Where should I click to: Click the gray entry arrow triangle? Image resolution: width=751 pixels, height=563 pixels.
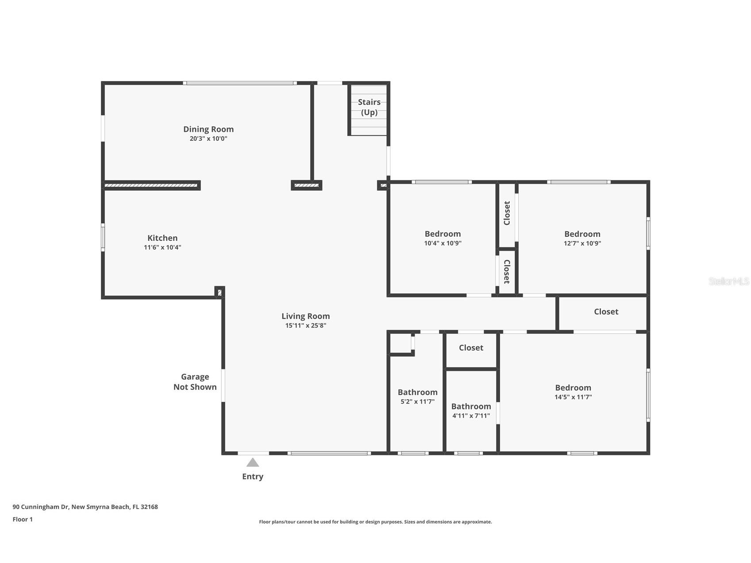pos(253,463)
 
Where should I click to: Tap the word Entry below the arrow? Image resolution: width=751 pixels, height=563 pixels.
pos(253,477)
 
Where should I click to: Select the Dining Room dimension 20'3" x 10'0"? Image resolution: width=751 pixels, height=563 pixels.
pos(208,139)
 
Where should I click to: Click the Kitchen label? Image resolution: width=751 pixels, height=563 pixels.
pos(162,238)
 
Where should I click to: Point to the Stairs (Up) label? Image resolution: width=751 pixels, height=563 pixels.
pos(369,107)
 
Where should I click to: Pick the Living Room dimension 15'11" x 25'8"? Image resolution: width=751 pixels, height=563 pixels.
pos(306,326)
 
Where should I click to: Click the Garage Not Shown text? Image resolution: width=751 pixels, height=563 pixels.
pos(195,382)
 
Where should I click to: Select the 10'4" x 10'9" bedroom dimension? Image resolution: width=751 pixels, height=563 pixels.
pos(443,243)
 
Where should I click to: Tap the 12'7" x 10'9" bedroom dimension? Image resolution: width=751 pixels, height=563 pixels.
pos(582,243)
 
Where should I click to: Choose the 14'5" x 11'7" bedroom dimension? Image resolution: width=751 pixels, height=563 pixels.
pos(573,397)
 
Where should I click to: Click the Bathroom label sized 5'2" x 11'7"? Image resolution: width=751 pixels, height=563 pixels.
pos(417,393)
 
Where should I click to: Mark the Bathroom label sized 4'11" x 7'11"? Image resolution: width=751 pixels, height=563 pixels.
pos(471,407)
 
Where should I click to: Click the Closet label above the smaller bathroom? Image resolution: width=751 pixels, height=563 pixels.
pos(471,348)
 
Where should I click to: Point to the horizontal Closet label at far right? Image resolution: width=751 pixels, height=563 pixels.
pos(606,312)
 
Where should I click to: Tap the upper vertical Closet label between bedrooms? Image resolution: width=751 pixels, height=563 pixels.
pos(507,213)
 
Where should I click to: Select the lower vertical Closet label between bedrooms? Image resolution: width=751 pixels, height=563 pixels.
pos(507,272)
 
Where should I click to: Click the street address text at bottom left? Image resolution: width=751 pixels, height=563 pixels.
pos(85,507)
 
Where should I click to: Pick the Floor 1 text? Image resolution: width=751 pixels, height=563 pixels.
pos(23,520)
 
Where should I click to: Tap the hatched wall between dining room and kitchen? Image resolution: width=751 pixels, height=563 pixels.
pos(151,185)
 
